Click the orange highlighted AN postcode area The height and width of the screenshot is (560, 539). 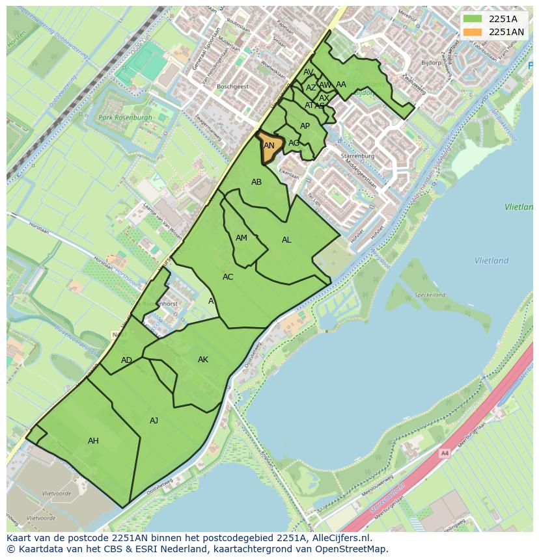269,144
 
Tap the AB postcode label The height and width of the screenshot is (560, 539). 256,182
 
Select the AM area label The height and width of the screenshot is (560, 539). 242,238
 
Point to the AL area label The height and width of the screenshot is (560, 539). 286,240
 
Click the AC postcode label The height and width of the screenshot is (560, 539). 228,277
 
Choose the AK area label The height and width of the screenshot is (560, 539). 203,360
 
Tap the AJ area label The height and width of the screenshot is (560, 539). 154,421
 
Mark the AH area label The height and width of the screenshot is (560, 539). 93,441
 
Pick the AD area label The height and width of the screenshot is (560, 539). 126,360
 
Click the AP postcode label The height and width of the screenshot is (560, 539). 305,126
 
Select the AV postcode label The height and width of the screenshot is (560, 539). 309,72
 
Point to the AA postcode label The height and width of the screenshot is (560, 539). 341,84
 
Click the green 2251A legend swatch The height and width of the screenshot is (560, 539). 473,19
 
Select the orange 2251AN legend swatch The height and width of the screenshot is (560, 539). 473,32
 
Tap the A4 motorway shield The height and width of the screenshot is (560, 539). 445,453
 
